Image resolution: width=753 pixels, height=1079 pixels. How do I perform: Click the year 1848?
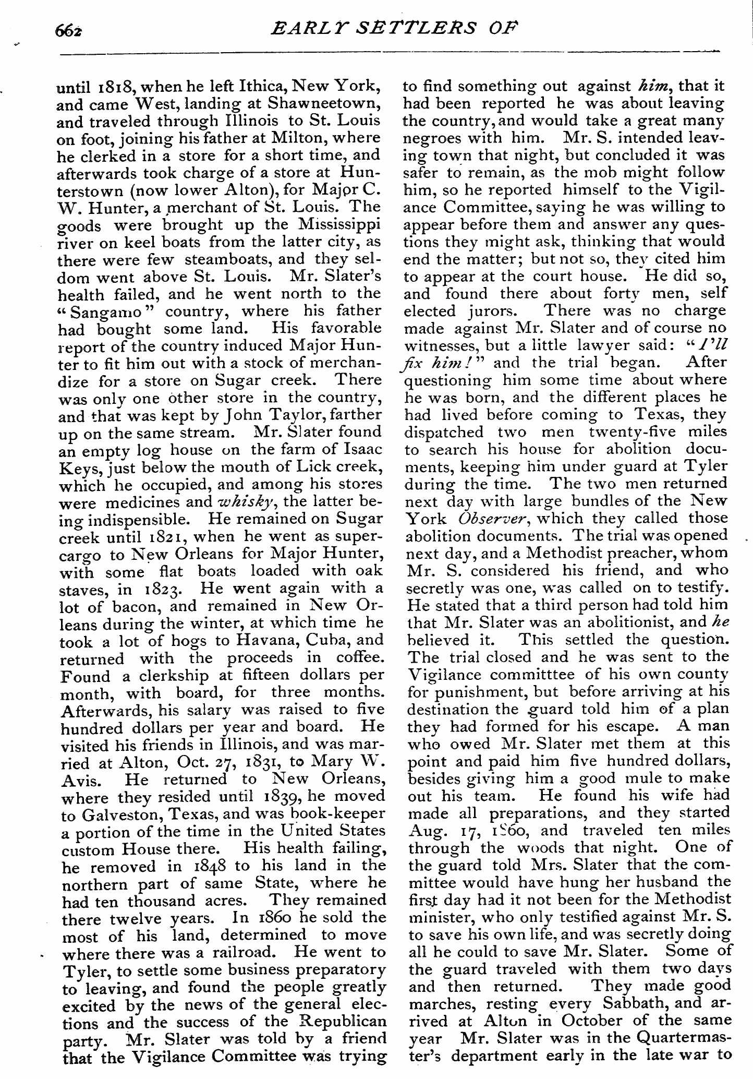(202, 867)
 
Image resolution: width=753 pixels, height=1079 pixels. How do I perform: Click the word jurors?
(487, 312)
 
